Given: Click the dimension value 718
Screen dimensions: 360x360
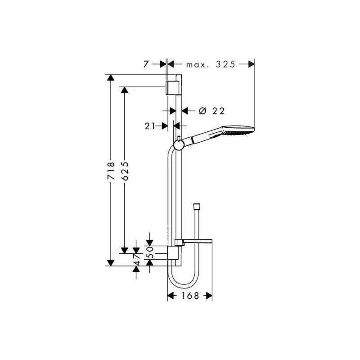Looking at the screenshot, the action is pos(111,171).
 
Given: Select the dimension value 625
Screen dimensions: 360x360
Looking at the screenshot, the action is pos(125,171).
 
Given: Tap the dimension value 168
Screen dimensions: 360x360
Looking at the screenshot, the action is pos(190,296).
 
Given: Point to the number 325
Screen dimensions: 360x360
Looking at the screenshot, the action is pos(225,64).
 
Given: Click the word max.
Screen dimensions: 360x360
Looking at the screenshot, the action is pos(197,65).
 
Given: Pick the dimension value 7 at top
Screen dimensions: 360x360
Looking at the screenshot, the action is pos(146,64).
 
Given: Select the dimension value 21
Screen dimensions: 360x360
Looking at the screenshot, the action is pos(150,126).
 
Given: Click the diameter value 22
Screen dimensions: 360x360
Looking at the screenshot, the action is pos(218,111).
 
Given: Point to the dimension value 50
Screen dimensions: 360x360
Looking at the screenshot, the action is pos(150,252).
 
